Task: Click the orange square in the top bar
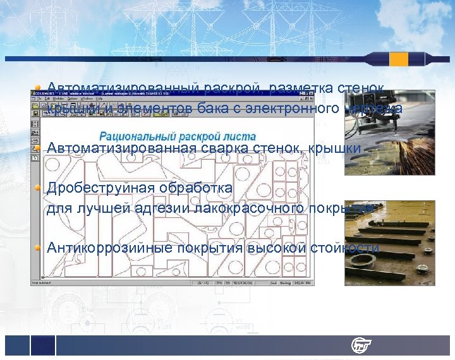[399, 59]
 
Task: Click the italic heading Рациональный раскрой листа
[178, 136]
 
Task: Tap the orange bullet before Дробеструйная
[39, 188]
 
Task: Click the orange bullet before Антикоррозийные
[39, 248]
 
